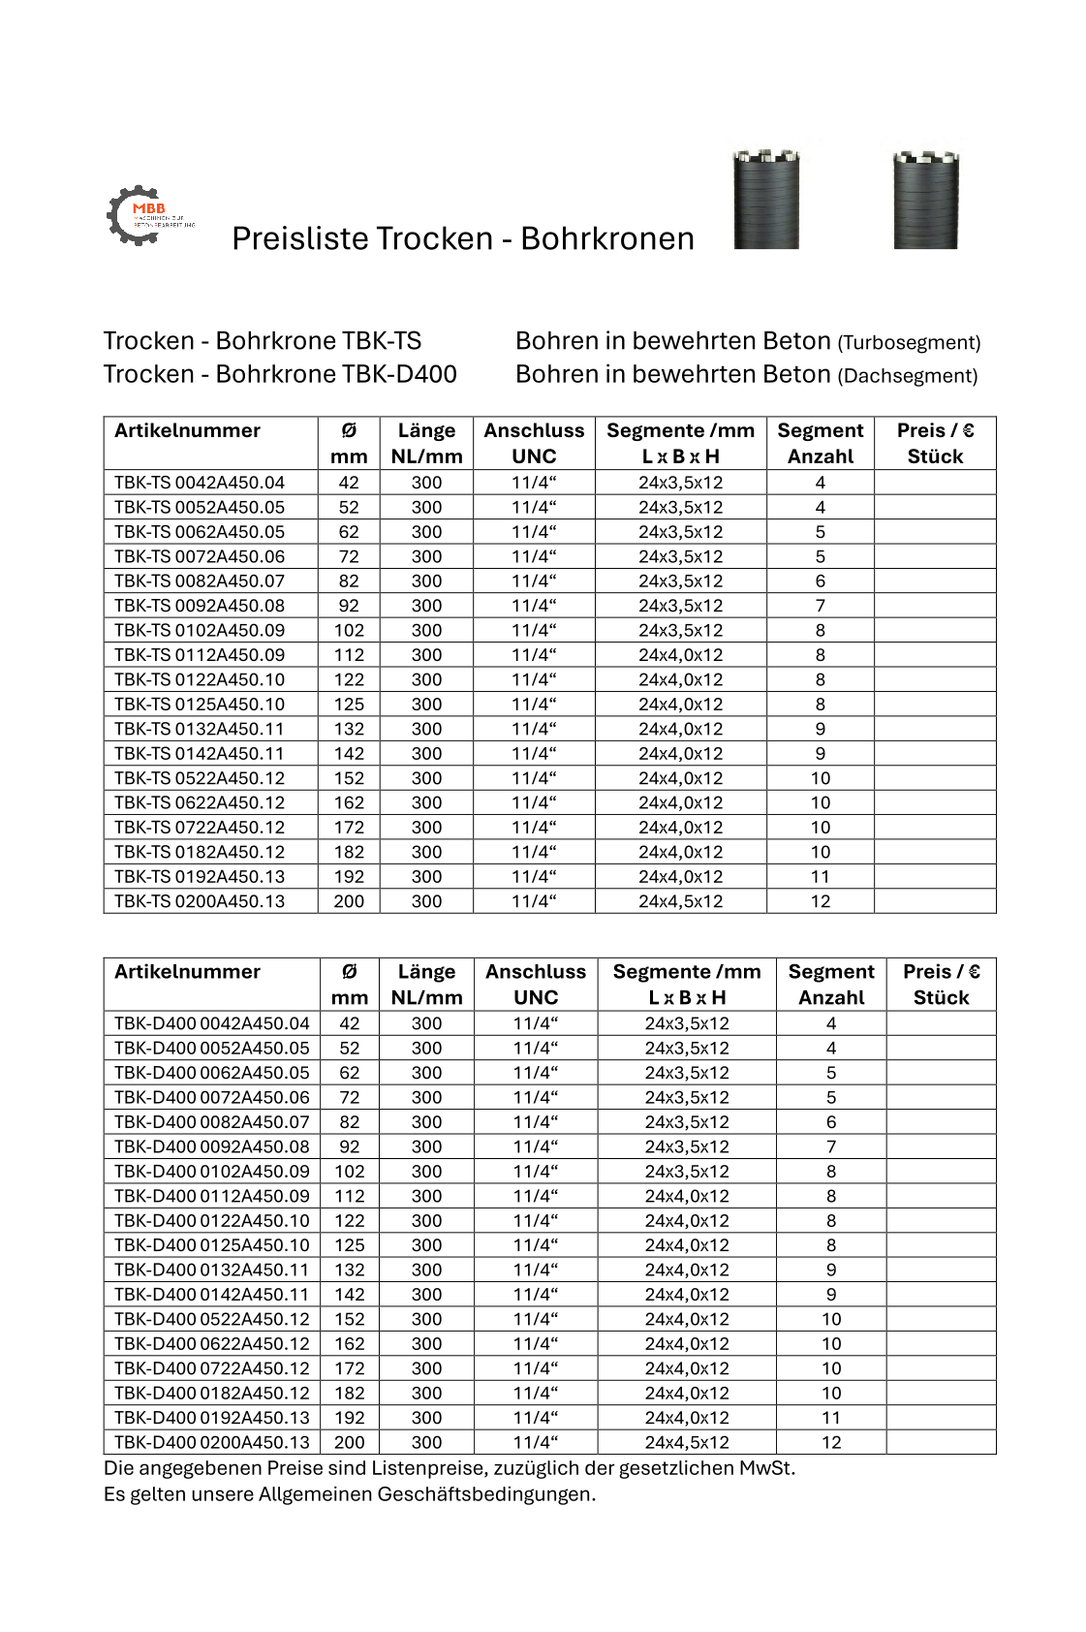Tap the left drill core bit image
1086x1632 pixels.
click(x=766, y=200)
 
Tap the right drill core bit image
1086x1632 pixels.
click(x=925, y=200)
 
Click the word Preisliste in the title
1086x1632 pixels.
click(x=300, y=238)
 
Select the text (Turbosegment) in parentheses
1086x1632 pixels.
click(x=909, y=342)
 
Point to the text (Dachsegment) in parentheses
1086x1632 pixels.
click(x=907, y=375)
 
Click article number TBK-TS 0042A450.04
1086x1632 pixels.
click(x=200, y=483)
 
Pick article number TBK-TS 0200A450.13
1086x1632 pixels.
click(x=200, y=901)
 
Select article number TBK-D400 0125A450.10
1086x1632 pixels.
click(x=211, y=1245)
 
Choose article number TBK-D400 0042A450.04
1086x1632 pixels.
click(x=211, y=1023)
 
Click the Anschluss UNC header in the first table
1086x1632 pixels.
click(x=534, y=443)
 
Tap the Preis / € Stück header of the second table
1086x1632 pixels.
click(x=941, y=984)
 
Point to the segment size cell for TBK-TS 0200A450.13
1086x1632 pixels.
click(x=680, y=901)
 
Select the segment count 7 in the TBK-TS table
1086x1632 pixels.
click(x=820, y=606)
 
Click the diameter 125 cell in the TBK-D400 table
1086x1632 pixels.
click(x=350, y=1245)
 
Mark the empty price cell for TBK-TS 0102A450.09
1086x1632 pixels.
click(x=934, y=630)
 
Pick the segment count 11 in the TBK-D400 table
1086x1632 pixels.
click(x=830, y=1418)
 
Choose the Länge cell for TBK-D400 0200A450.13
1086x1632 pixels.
click(x=426, y=1442)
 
